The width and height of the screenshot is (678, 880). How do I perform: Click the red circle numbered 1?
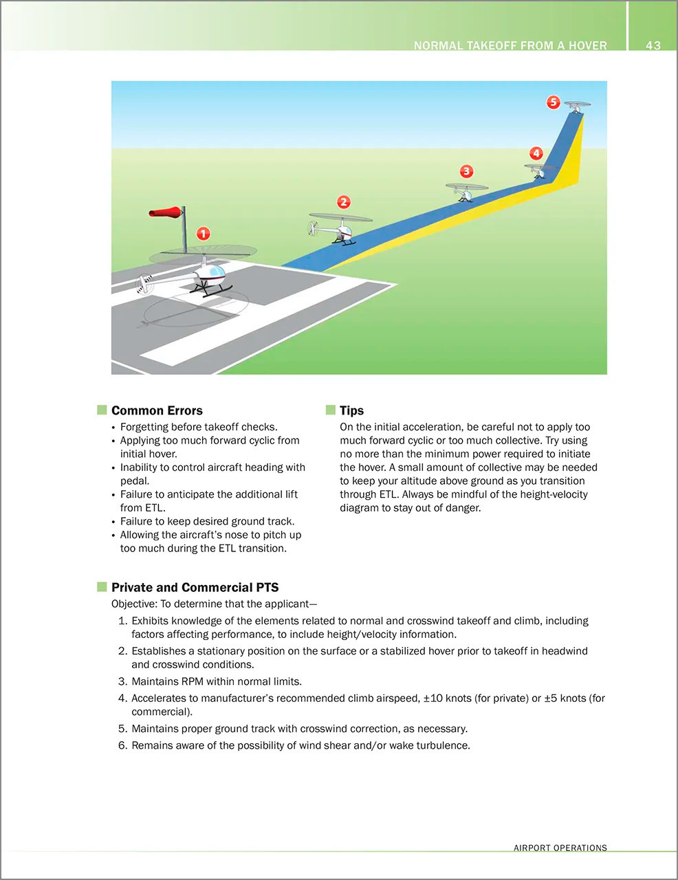pos(203,234)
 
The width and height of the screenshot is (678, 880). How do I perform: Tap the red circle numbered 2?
pos(344,201)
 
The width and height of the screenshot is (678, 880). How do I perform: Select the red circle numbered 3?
pos(466,170)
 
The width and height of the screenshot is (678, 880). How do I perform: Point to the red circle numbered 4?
pos(536,153)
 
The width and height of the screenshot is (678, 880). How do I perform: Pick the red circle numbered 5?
pos(554,102)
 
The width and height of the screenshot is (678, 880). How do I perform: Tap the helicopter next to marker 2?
pos(338,228)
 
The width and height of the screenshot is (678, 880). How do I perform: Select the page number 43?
pos(653,45)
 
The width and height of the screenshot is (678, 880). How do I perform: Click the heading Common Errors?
pos(157,410)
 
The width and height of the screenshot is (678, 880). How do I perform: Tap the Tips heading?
pos(351,410)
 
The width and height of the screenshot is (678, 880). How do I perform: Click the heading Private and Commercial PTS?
pos(195,587)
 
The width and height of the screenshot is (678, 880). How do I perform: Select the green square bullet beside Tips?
pos(331,410)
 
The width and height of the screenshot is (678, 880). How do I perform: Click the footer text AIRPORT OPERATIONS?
pos(560,848)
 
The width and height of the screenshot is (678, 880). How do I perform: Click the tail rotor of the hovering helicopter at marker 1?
pos(145,282)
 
